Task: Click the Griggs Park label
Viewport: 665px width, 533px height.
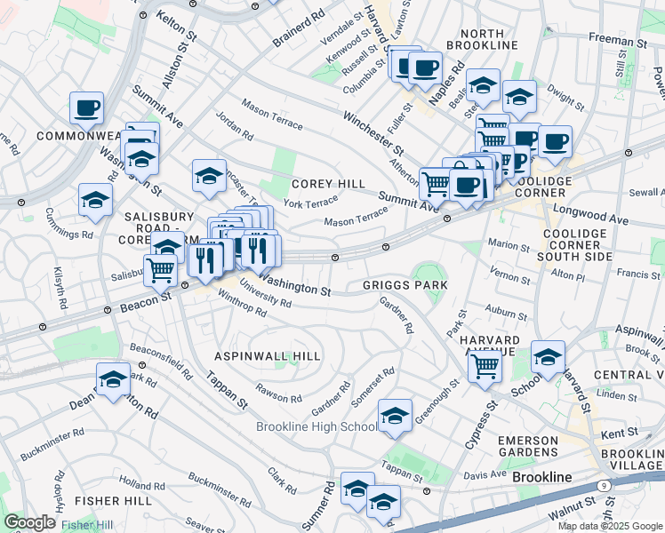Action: tap(405, 285)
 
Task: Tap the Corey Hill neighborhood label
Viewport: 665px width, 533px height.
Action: tap(329, 184)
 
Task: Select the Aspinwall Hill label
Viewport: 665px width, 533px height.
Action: tap(268, 355)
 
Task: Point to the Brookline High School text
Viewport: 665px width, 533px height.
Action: tap(316, 426)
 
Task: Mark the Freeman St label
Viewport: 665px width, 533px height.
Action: tap(618, 41)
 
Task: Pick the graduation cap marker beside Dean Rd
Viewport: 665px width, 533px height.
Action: tap(113, 382)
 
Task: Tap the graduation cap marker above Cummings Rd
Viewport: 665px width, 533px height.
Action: tap(95, 201)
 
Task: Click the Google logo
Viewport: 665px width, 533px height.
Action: tap(29, 522)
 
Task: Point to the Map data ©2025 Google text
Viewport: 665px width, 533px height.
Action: tap(609, 526)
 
